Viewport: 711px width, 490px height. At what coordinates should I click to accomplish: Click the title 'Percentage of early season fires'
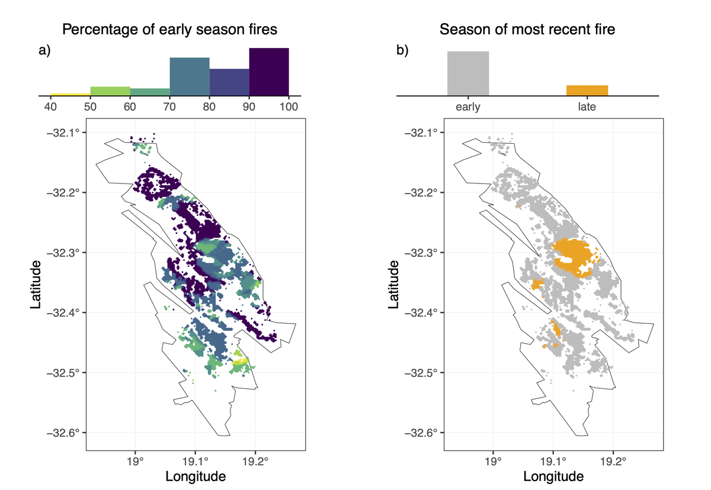click(x=169, y=29)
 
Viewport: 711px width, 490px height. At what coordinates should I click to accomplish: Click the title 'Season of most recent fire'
click(x=527, y=29)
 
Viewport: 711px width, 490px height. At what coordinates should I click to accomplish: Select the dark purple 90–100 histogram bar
click(x=268, y=71)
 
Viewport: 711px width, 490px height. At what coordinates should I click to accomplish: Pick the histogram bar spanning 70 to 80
click(x=190, y=76)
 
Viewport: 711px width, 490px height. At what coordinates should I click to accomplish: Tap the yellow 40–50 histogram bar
click(x=71, y=94)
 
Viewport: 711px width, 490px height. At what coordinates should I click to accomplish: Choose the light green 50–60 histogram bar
click(x=110, y=91)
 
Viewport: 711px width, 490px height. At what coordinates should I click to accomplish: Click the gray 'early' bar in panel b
click(x=468, y=73)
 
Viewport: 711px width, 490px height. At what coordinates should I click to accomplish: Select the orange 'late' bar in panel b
click(x=587, y=90)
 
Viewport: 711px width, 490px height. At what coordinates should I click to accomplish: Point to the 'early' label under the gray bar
click(x=468, y=107)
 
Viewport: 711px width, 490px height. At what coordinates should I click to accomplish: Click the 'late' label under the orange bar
click(x=587, y=107)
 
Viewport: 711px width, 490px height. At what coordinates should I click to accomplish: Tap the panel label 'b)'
click(x=403, y=51)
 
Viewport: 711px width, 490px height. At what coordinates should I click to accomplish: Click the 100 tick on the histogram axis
click(x=289, y=107)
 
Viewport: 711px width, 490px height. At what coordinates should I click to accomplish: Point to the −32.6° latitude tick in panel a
click(x=66, y=433)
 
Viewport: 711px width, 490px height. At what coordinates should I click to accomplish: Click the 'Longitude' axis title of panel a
click(x=196, y=476)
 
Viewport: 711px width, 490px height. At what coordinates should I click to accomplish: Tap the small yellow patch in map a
click(x=241, y=360)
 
